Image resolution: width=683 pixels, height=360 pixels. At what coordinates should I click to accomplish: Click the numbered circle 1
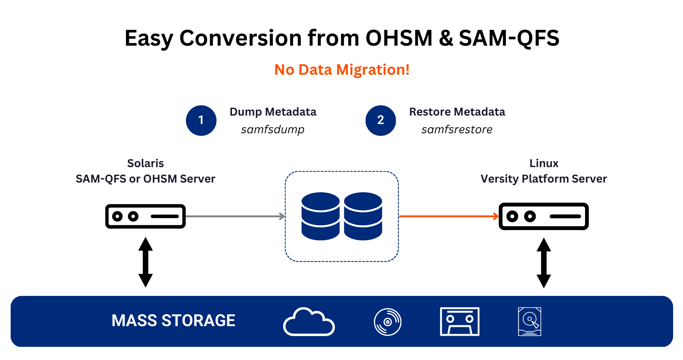pos(201,120)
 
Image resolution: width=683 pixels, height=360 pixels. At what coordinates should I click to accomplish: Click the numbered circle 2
pos(381,120)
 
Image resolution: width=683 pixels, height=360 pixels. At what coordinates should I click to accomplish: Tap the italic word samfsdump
pos(272,130)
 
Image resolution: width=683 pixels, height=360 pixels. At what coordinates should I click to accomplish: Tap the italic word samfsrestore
pos(457,130)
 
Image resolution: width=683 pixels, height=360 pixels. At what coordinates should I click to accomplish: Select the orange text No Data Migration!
pos(342,70)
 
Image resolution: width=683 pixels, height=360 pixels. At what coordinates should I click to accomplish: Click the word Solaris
pos(145,163)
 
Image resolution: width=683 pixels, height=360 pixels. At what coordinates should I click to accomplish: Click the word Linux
pos(544,163)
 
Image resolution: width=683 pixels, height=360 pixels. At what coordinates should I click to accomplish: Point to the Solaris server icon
pos(145,216)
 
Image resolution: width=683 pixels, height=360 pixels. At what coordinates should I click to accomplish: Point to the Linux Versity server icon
pos(543,216)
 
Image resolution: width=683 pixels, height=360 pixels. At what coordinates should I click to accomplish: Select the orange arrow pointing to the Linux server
pos(448,216)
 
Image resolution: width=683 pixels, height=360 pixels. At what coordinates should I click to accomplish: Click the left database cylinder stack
pos(320,216)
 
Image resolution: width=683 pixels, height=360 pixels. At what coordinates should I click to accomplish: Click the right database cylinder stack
pos(363,216)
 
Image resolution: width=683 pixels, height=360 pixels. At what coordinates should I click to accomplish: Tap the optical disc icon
pos(387,322)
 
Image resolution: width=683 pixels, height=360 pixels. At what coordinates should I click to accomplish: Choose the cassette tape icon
pos(460,321)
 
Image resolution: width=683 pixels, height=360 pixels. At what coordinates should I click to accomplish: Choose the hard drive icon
pos(529,321)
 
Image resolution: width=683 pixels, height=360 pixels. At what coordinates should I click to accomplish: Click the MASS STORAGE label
pos(173,321)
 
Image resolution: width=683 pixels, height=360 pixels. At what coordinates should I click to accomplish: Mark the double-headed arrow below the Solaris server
pos(145,262)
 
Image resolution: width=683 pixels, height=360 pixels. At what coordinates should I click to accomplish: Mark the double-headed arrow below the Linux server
pos(544,263)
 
